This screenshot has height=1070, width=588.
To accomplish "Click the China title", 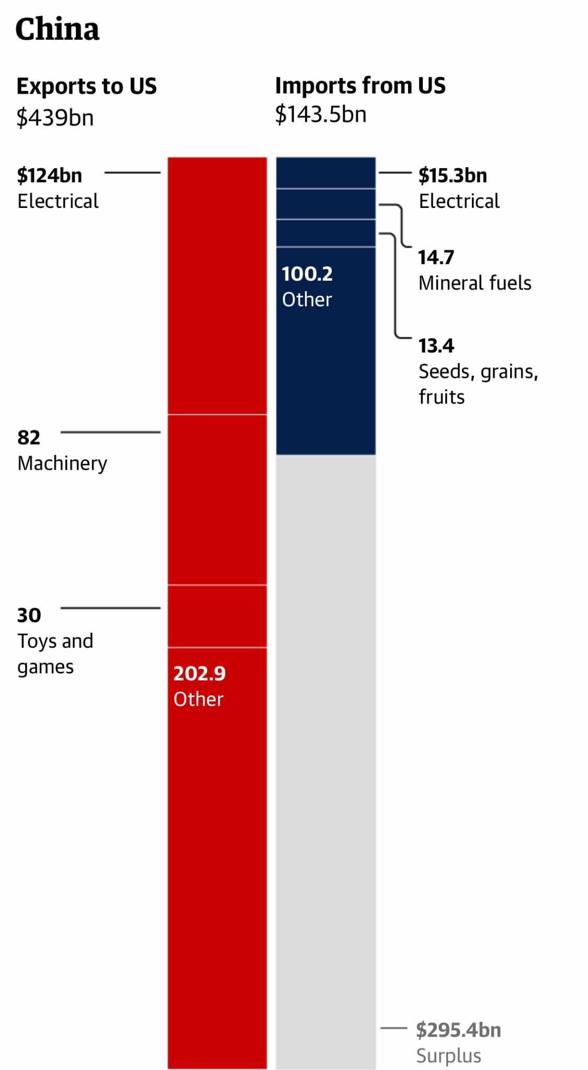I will click(57, 29).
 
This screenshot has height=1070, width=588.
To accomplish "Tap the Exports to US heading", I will click(86, 86).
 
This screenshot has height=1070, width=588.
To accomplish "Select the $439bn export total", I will click(55, 117).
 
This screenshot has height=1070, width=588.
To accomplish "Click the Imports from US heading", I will click(360, 86).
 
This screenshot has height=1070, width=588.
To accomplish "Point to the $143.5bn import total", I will click(321, 114).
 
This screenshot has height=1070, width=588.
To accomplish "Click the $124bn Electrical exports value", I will click(50, 176).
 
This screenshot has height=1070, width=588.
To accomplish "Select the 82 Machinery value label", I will click(29, 438).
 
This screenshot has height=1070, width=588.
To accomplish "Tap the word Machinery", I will click(62, 463).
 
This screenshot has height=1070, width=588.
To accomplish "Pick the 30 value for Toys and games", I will click(29, 615).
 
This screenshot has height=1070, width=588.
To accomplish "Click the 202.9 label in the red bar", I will click(199, 673).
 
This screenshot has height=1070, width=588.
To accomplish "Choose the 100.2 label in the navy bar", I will click(307, 274).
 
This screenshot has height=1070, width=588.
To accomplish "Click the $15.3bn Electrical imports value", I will click(453, 176).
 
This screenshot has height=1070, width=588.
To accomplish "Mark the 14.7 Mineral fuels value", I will click(436, 258).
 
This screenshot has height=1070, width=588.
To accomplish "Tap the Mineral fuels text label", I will click(474, 283).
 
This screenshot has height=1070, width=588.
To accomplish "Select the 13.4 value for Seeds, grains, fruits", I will click(436, 346).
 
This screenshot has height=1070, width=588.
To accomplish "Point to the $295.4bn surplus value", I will click(458, 1030).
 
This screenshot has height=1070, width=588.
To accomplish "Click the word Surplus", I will click(448, 1056).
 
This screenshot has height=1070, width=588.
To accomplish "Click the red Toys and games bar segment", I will click(217, 616).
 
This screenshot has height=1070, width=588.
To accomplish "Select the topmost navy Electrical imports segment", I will click(325, 172).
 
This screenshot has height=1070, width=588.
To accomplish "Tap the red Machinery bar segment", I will click(217, 499).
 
